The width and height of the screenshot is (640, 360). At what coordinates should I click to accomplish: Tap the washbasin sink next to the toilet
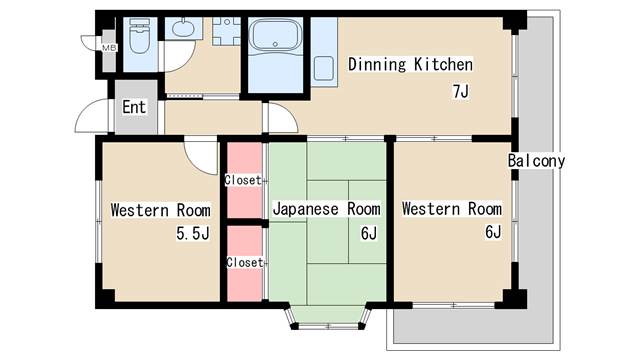[183, 28]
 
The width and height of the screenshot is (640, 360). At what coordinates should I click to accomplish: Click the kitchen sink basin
[324, 69]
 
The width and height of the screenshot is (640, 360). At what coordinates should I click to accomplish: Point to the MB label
[109, 48]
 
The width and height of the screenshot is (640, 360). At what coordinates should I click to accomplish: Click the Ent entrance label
[134, 107]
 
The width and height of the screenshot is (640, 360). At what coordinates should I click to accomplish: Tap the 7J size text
[461, 91]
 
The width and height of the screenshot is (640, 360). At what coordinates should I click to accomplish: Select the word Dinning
[377, 64]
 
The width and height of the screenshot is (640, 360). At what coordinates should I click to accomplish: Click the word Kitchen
[443, 64]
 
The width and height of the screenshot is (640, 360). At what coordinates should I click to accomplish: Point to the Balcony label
[536, 160]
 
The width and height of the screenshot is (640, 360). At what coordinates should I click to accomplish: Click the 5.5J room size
[193, 233]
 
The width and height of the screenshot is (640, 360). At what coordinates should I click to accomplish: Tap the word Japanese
[306, 209]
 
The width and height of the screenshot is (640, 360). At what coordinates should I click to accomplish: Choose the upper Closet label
[243, 180]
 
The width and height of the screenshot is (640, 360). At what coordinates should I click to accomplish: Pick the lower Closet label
[244, 262]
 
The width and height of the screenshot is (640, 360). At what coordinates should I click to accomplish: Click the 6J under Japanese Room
[369, 233]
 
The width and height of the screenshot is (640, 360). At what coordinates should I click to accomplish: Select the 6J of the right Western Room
[493, 232]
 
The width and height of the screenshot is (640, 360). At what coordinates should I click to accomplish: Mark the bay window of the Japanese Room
[328, 317]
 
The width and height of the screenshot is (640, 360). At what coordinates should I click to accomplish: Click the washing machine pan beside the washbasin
[226, 31]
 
